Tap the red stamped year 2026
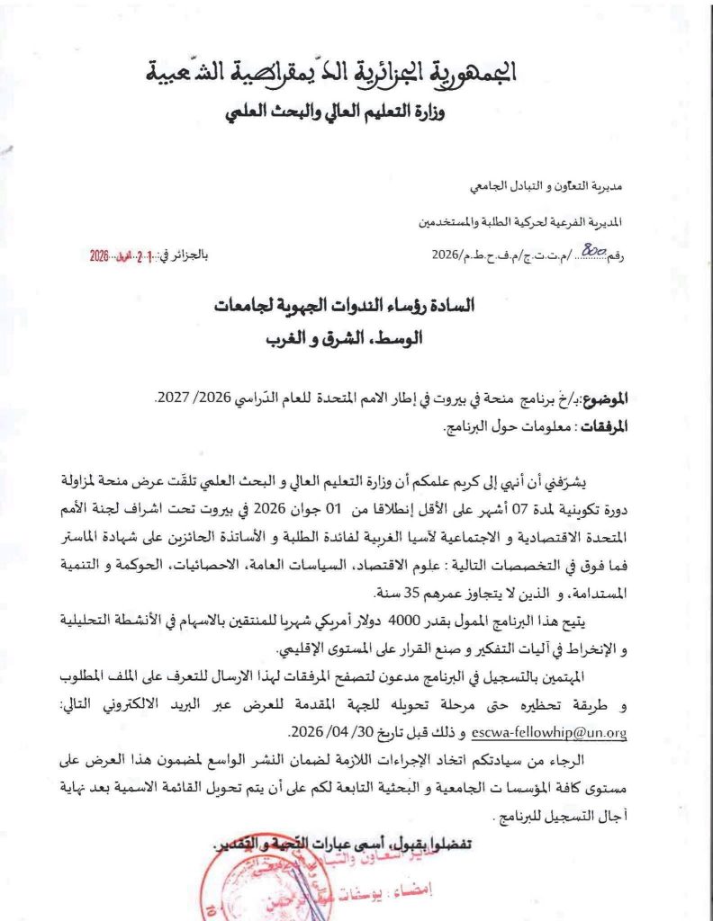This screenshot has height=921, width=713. pos(99,255)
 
